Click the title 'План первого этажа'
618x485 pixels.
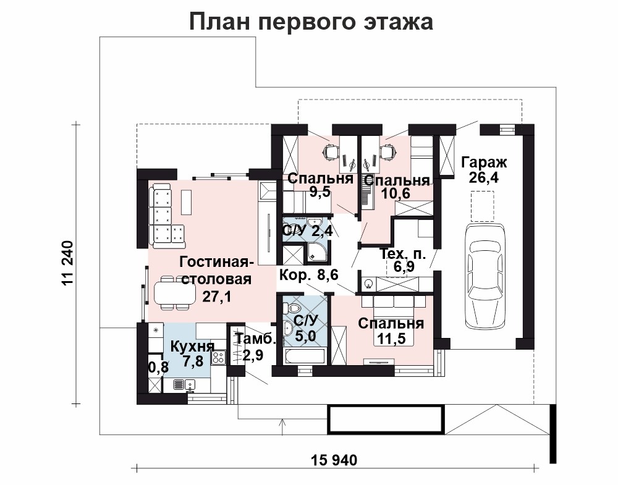(x=311, y=22)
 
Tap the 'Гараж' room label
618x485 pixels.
(x=484, y=162)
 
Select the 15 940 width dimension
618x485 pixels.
(x=334, y=460)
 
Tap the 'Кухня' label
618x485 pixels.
(x=192, y=347)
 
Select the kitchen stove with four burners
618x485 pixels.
(x=218, y=357)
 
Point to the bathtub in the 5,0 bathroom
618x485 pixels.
(x=305, y=356)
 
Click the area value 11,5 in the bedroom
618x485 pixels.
(x=391, y=339)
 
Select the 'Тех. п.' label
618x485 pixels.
(x=402, y=254)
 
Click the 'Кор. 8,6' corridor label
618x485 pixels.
(x=308, y=274)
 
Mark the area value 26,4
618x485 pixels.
(x=484, y=177)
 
